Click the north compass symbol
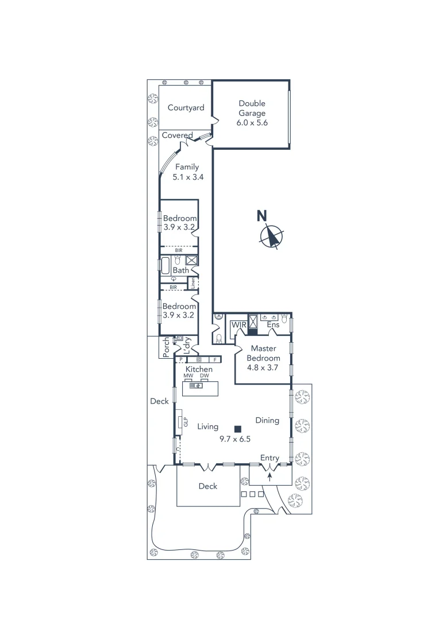click(x=271, y=236)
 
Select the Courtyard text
click(x=186, y=108)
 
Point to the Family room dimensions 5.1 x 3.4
click(x=186, y=178)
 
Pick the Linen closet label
click(x=194, y=283)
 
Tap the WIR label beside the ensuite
click(x=238, y=325)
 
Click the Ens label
click(x=274, y=325)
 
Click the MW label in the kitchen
click(x=188, y=375)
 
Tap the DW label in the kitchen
click(x=204, y=375)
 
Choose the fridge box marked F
click(x=215, y=360)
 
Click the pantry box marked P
click(x=180, y=360)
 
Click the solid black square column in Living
click(x=237, y=428)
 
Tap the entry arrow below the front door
click(x=269, y=476)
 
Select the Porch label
click(x=167, y=347)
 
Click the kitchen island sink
click(x=195, y=386)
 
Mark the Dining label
click(x=267, y=420)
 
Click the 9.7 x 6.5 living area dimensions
click(x=235, y=439)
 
